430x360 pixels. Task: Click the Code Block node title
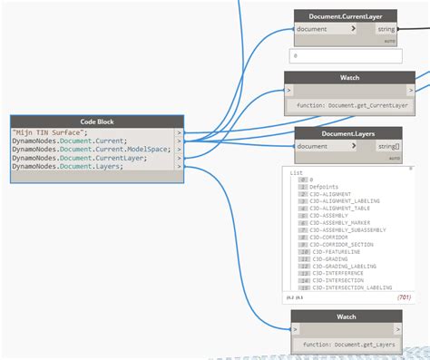pos(96,122)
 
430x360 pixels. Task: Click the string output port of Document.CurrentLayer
pos(386,29)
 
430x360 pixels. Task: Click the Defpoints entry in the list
pos(326,187)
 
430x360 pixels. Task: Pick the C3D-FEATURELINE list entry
pos(335,252)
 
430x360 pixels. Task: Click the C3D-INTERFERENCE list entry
pos(338,273)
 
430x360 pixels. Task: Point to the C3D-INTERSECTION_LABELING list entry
pos(350,287)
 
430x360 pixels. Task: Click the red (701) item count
pos(404,297)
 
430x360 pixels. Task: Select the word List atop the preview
pos(297,172)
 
